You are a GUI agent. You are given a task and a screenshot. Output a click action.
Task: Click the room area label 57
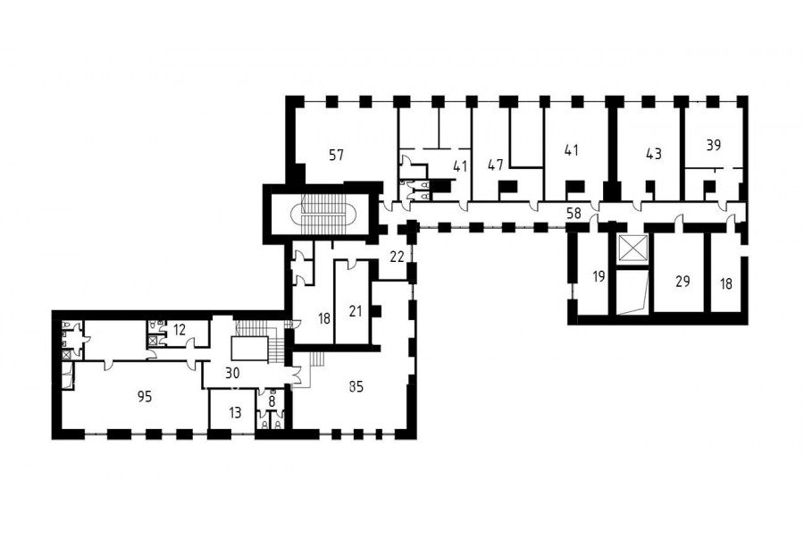[337, 155]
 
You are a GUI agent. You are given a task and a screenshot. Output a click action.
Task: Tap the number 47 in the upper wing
[496, 165]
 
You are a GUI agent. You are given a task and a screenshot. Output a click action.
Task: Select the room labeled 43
[653, 154]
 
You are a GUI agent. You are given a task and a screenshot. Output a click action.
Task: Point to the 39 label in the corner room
[713, 145]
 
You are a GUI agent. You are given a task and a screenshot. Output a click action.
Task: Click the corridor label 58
[574, 213]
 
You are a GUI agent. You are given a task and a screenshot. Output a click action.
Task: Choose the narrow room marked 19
[599, 276]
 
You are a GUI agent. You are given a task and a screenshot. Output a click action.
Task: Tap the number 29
[683, 282]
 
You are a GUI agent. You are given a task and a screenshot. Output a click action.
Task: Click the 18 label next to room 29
[726, 283]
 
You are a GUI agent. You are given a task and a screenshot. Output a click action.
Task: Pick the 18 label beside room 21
[324, 319]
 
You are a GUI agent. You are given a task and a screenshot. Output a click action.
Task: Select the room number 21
[356, 311]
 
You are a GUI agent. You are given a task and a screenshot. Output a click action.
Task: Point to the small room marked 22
[397, 257]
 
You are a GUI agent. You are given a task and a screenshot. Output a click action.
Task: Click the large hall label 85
[356, 386]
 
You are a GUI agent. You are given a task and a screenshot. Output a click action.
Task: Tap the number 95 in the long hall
[145, 396]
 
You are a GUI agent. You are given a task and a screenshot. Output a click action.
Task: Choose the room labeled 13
[235, 413]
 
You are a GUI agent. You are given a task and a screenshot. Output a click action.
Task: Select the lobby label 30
[233, 373]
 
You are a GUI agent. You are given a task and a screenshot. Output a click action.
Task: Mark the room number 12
[179, 330]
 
